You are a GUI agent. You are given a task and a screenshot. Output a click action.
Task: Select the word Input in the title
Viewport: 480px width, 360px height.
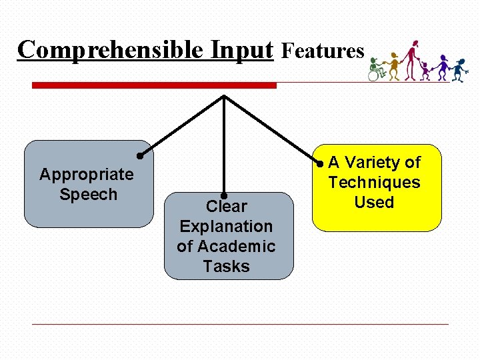[242, 50]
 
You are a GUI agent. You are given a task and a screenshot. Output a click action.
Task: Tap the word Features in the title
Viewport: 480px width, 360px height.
[323, 51]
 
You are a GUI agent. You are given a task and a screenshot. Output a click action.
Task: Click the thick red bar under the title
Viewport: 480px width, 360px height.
[154, 85]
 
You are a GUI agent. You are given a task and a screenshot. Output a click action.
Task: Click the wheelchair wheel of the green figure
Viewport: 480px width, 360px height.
[374, 75]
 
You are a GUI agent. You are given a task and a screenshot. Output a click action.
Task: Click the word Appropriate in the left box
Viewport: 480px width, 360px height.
[87, 175]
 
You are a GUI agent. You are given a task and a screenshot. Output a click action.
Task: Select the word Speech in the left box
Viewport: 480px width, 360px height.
[88, 195]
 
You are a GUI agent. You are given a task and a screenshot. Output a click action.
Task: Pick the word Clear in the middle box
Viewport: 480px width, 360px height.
[227, 207]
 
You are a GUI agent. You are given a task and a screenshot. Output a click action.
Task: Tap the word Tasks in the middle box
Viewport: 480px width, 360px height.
[226, 267]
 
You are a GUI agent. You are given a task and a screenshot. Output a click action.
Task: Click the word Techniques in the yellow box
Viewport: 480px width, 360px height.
[374, 183]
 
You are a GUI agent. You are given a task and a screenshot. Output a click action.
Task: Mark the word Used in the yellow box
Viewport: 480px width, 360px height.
[374, 203]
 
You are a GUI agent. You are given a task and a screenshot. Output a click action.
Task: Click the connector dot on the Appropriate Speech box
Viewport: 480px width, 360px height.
[140, 156]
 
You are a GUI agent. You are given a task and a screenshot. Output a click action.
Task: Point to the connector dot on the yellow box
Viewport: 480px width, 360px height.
[321, 163]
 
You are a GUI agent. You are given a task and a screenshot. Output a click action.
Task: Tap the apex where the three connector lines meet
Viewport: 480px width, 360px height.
[224, 96]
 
